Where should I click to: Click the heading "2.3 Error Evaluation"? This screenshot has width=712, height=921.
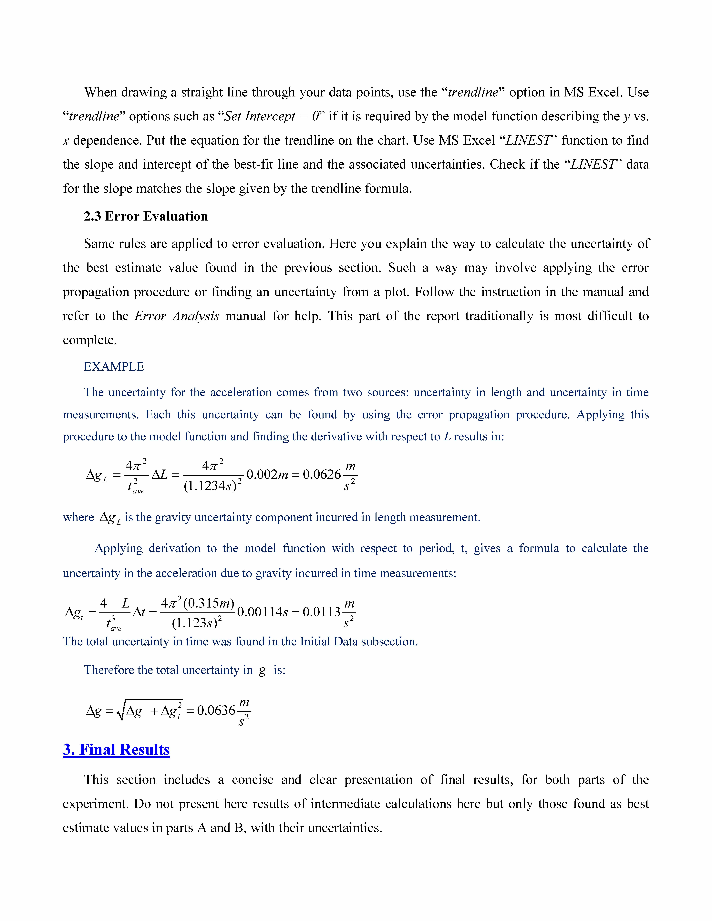pos(146,216)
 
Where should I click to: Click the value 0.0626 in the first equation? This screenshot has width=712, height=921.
pos(321,475)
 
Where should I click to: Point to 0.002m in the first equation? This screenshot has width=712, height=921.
pos(267,475)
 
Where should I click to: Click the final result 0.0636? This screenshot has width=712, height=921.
pos(216,711)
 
